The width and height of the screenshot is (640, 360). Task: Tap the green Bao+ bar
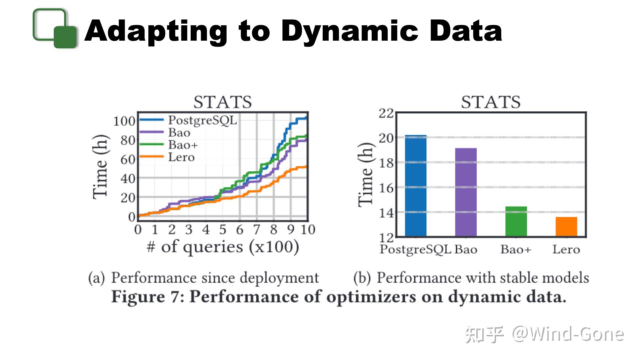[516, 221]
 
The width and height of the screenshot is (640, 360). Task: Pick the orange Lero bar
[566, 227]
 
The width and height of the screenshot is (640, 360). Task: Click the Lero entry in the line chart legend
[181, 157]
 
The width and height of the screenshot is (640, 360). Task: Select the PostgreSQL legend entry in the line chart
[202, 120]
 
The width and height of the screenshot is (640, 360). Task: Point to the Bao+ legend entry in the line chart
[183, 145]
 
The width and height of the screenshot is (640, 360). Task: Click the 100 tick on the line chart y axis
[124, 121]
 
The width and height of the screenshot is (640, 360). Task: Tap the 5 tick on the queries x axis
[223, 230]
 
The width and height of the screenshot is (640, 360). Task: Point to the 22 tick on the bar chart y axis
[386, 113]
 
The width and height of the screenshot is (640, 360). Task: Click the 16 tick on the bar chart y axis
[386, 188]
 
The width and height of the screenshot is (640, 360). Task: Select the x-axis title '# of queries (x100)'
[223, 247]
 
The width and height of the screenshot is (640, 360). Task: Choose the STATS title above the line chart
[223, 102]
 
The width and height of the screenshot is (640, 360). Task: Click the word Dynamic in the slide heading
[350, 31]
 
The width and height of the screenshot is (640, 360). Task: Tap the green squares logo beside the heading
[55, 28]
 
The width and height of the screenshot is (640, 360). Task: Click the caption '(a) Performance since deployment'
[204, 278]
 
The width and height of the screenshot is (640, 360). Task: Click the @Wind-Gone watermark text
[567, 334]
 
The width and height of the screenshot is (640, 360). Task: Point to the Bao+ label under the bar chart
[516, 249]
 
